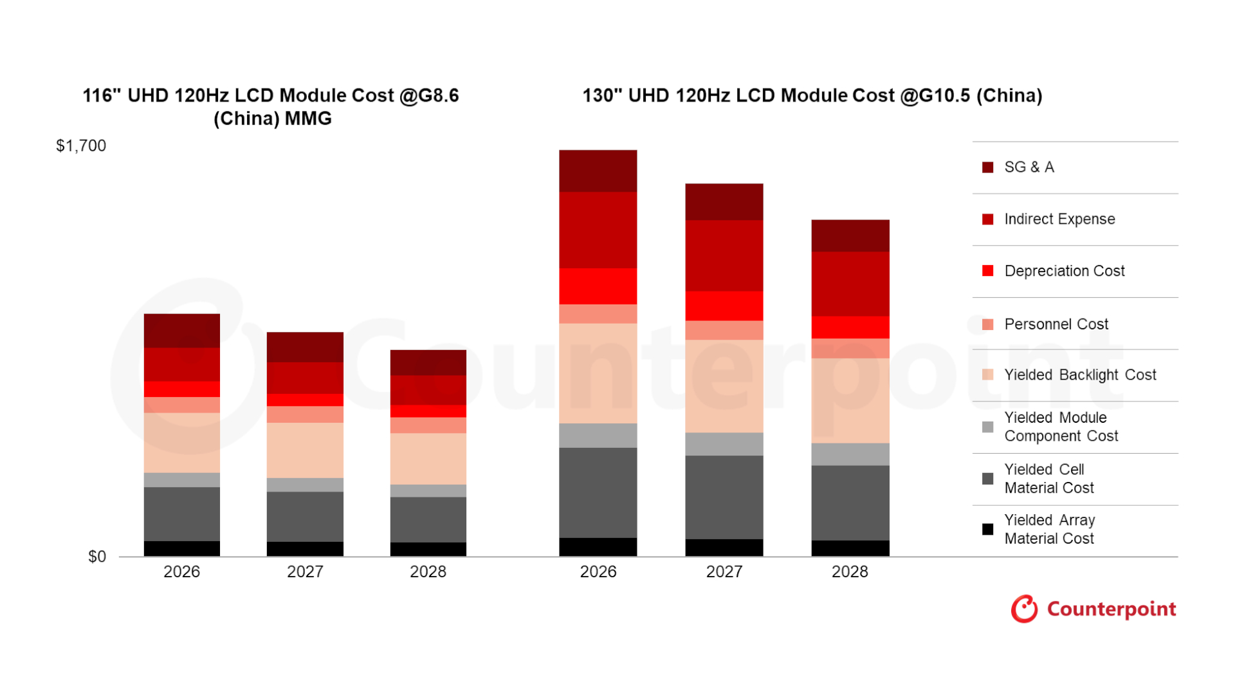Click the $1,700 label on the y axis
(81, 146)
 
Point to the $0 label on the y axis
(97, 557)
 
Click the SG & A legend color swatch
(988, 168)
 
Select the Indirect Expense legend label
(1059, 219)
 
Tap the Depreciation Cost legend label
(1064, 272)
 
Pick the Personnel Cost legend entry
(1056, 324)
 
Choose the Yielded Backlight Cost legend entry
(1079, 375)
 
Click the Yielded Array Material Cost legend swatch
(988, 530)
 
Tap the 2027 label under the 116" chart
(305, 572)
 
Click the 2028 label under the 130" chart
(850, 572)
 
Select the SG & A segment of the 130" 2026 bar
(598, 171)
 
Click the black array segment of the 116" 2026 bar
(182, 548)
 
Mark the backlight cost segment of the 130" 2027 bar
(724, 386)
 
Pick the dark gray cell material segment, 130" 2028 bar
(850, 503)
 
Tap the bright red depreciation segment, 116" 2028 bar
(428, 411)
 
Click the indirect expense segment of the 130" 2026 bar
(598, 230)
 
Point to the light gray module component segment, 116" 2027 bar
(305, 485)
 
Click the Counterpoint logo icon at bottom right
(1024, 609)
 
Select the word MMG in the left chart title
(308, 119)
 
